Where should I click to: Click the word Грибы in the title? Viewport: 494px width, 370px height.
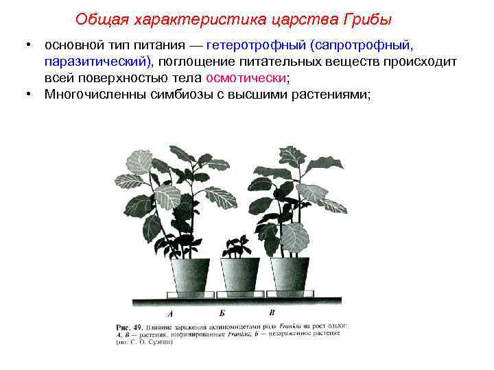[x=367, y=19]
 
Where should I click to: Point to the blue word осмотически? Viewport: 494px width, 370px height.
[x=250, y=78]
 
